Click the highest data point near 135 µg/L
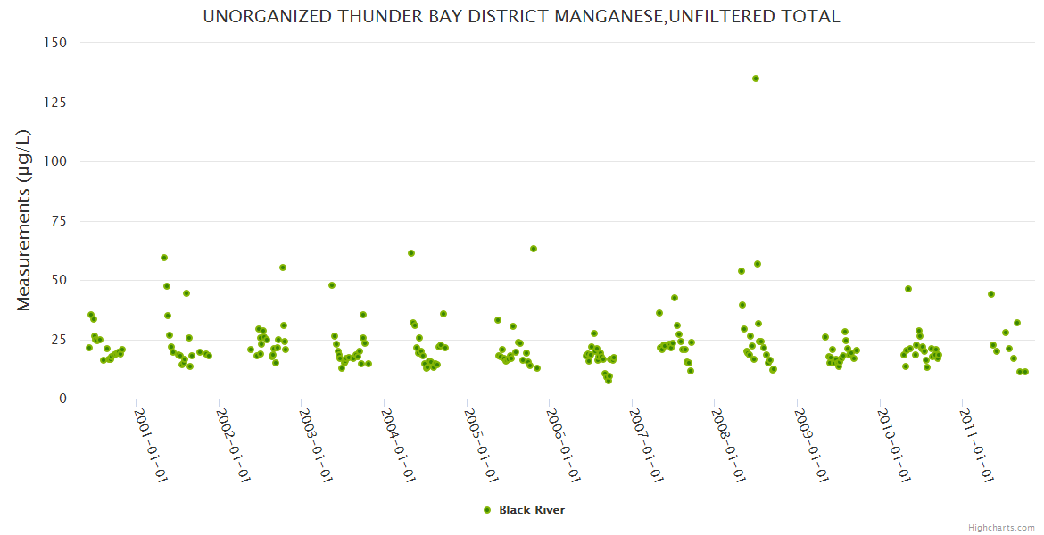point(756,78)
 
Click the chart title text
point(521,17)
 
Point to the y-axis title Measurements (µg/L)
point(24,220)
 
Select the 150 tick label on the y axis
point(55,43)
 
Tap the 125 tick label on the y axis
point(55,103)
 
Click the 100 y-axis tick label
point(55,161)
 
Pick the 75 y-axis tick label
point(59,221)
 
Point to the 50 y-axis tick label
point(59,280)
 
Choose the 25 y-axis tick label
point(59,340)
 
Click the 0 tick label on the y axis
point(62,399)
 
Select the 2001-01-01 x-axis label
point(151,445)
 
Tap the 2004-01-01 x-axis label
point(399,445)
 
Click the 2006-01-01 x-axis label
point(564,445)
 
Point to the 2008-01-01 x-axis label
point(729,445)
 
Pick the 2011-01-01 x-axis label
point(977,445)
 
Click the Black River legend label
point(532,510)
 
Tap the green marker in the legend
point(487,510)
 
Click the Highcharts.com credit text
point(1001,527)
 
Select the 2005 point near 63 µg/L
point(534,249)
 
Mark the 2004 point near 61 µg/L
point(411,253)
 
